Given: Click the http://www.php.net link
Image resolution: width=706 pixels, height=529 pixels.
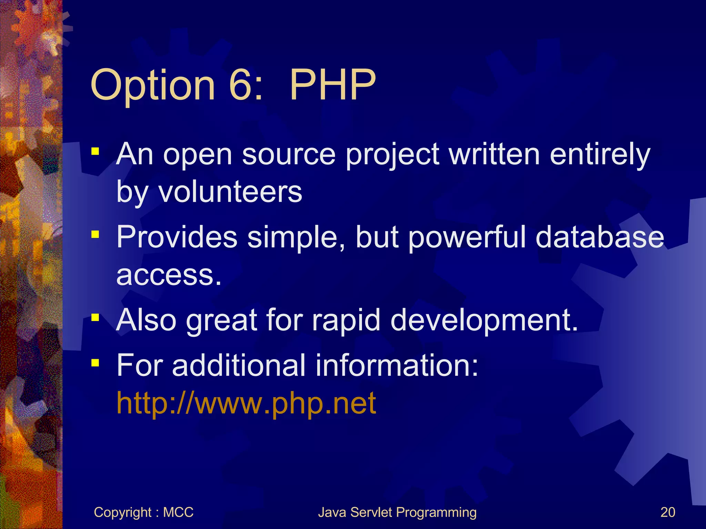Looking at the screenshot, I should coord(246,403).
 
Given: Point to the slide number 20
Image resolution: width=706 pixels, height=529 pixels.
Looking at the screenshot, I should coord(667,512).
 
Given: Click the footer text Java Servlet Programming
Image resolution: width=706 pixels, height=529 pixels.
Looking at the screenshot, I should coord(397,512).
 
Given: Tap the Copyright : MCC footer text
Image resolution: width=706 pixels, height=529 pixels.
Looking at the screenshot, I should coord(143,512).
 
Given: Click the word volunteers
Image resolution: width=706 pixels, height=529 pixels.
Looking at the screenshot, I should coord(230,191).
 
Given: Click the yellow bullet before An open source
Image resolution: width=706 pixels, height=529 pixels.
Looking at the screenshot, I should coord(95,152).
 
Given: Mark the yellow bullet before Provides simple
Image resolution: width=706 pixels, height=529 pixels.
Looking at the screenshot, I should coord(95,235).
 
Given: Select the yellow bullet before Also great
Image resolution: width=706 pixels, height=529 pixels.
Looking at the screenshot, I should coord(95,317).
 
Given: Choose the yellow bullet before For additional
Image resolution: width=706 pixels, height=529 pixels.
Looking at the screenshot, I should coord(95,363).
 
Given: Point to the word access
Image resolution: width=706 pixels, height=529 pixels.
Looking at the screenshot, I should coord(169,276).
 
